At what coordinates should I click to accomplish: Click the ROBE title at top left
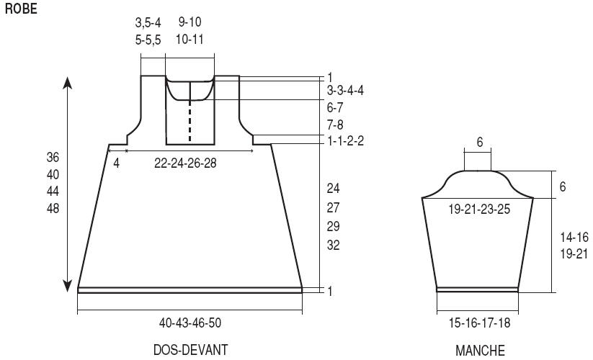[x=21, y=9]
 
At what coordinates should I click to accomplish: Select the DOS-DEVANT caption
[x=191, y=350]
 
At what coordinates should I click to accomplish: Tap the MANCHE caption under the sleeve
[x=480, y=351]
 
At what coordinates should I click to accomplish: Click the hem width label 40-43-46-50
[x=190, y=323]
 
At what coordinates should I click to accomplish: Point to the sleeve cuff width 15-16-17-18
[x=480, y=323]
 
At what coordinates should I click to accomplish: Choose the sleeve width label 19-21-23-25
[x=479, y=209]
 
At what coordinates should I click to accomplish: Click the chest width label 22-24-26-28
[x=185, y=163]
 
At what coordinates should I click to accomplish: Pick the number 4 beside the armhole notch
[x=117, y=163]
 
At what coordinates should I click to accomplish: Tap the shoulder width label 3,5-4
[x=148, y=22]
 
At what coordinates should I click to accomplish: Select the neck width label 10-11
[x=190, y=40]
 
